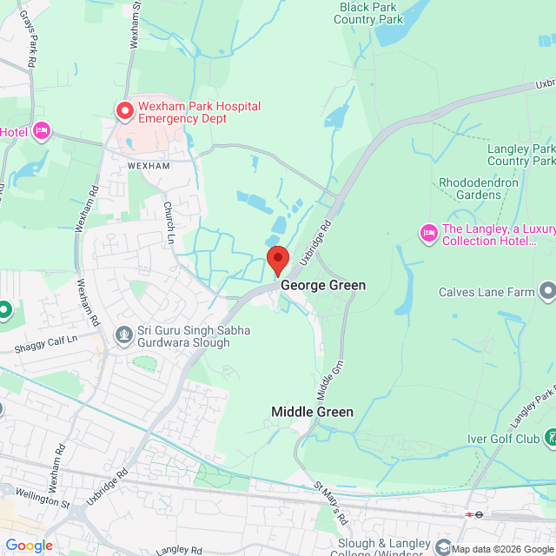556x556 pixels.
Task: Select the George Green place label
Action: [322, 285]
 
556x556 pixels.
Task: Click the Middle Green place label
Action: [312, 412]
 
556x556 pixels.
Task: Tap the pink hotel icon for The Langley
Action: [428, 232]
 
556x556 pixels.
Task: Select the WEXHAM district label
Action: [149, 165]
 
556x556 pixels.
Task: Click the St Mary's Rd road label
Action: [330, 504]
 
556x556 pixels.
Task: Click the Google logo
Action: [29, 546]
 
